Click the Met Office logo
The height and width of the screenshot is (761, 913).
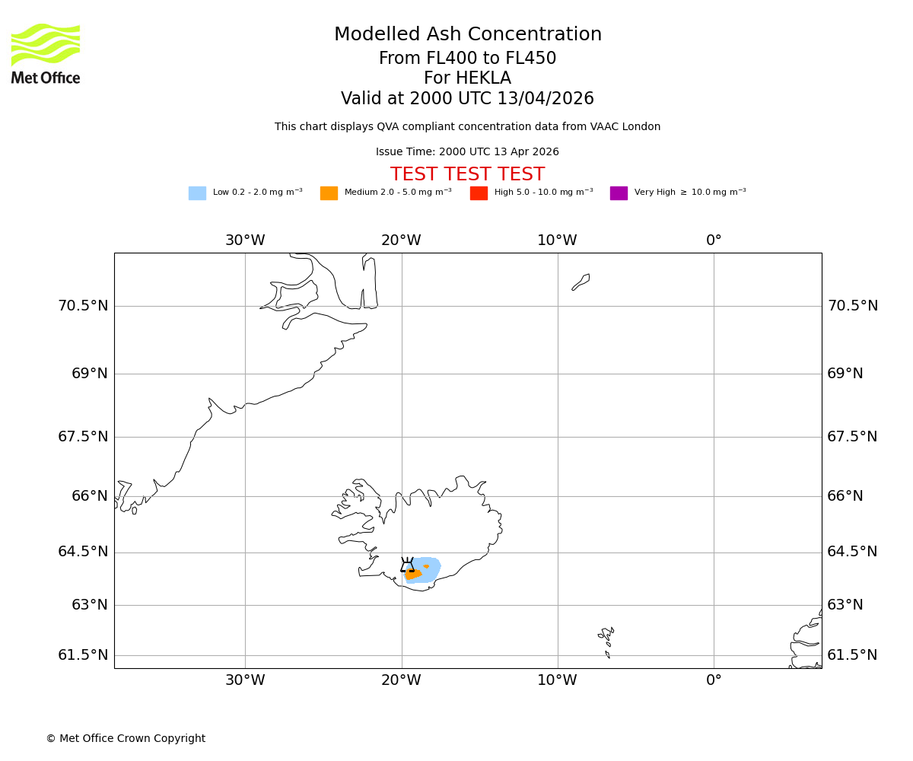click(x=46, y=53)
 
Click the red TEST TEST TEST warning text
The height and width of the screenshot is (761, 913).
click(x=467, y=174)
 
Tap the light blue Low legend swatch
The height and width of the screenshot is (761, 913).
click(x=197, y=193)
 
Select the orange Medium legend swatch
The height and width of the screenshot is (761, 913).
click(x=329, y=193)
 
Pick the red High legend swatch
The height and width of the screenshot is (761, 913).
click(x=479, y=193)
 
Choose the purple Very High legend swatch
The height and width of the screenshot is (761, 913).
click(x=619, y=193)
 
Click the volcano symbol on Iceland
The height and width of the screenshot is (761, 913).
click(x=408, y=565)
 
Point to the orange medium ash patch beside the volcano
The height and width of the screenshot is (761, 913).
click(x=412, y=575)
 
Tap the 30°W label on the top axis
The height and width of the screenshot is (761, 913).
click(x=245, y=240)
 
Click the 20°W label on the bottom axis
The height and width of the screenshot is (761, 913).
click(x=401, y=680)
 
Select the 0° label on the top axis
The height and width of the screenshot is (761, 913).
click(x=714, y=240)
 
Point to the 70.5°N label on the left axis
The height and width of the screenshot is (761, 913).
click(x=83, y=306)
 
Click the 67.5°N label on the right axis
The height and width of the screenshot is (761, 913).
click(x=852, y=437)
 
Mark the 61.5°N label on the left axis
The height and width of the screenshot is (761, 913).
click(x=83, y=655)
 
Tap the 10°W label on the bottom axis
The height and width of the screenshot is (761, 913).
click(x=557, y=680)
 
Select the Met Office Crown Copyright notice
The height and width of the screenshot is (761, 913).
click(x=126, y=739)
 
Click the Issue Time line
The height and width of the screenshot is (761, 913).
click(x=467, y=152)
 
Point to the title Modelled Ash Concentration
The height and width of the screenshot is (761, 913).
click(x=467, y=35)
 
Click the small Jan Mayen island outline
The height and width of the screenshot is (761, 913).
click(x=581, y=282)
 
